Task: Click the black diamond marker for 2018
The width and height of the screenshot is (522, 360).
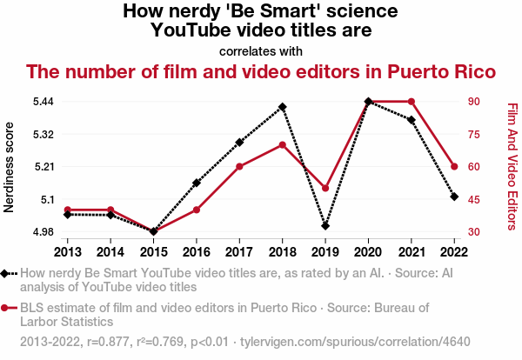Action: coord(283,107)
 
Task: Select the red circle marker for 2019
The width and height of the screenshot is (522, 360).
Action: coord(325,188)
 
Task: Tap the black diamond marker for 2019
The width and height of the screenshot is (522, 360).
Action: coord(325,226)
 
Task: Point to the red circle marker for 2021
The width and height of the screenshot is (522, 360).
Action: coord(412,102)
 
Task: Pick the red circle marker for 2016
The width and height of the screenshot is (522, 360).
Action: coord(197,210)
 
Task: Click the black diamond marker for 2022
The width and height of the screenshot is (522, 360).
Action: coord(454,197)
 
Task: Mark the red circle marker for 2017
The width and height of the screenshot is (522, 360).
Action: coord(239,166)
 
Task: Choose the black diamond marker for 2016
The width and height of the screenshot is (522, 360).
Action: coord(197,183)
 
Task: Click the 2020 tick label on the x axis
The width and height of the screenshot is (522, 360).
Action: coord(369,251)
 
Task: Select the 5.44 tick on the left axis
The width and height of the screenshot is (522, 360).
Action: coord(43,102)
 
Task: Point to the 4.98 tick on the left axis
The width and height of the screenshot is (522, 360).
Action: coord(43,232)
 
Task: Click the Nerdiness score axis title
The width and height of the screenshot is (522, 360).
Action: coord(10,167)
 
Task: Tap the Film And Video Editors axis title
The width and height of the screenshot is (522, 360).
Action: coord(512,167)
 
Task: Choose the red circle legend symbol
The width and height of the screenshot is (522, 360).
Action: coord(8,308)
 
